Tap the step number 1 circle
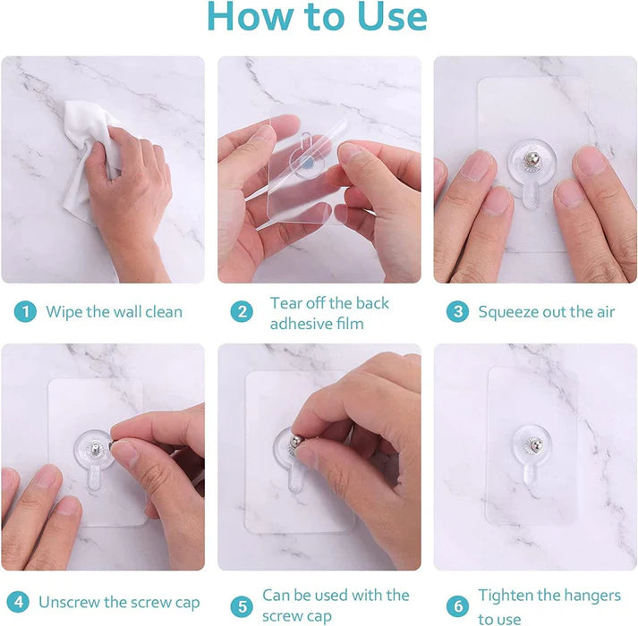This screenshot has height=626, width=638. pyautogui.click(x=25, y=312)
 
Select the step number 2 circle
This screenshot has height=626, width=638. pyautogui.click(x=241, y=312)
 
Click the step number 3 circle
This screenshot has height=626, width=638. pyautogui.click(x=458, y=312)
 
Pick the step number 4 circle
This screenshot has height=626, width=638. pyautogui.click(x=20, y=602)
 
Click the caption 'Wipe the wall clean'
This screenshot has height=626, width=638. pyautogui.click(x=114, y=312)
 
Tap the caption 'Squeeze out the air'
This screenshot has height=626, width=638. pyautogui.click(x=546, y=312)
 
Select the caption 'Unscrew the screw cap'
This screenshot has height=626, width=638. pyautogui.click(x=119, y=602)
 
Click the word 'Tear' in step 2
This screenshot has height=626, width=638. pyautogui.click(x=286, y=303)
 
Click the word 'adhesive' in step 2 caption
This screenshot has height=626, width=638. pyautogui.click(x=300, y=323)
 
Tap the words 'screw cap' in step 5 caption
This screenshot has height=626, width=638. pyautogui.click(x=301, y=616)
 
